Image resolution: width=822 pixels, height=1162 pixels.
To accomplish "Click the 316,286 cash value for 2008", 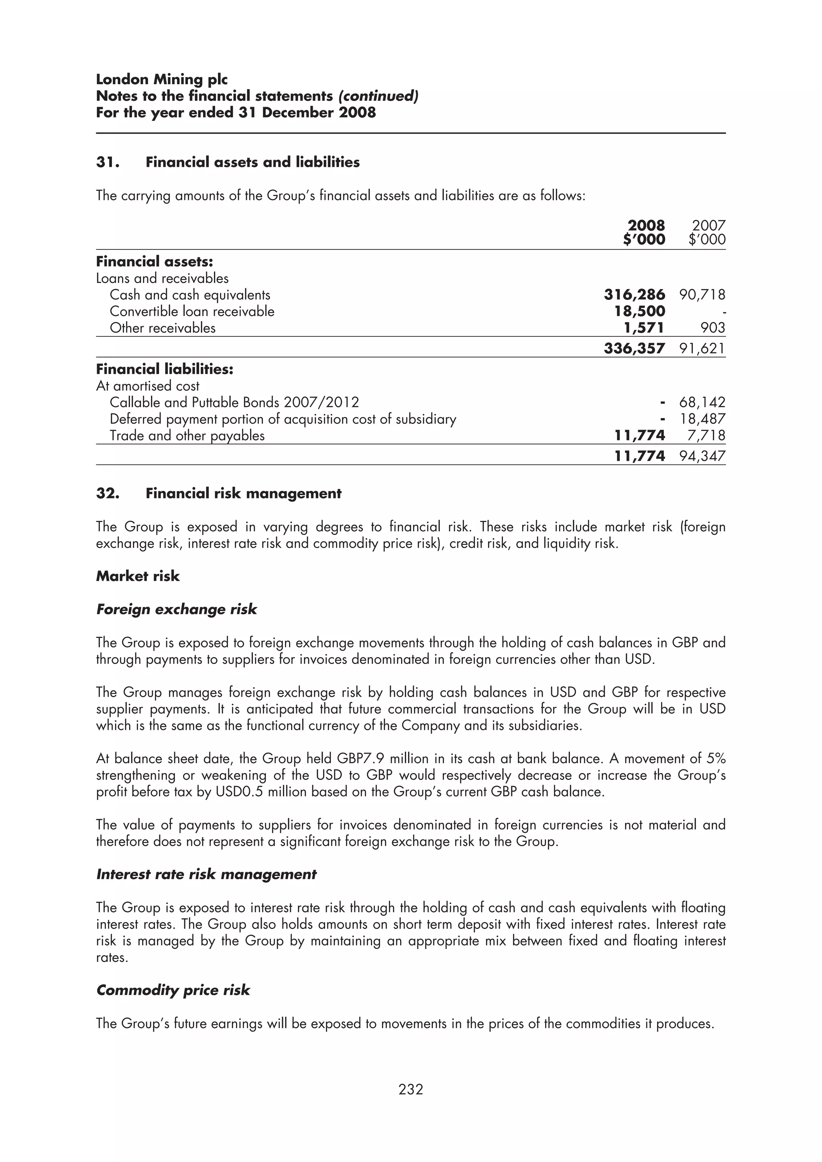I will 634,295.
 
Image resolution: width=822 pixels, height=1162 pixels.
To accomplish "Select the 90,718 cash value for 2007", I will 702,295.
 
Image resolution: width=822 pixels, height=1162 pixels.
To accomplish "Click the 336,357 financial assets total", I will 634,348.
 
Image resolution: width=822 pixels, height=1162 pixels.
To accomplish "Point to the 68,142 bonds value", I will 702,402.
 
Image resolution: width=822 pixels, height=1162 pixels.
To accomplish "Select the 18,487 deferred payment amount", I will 702,419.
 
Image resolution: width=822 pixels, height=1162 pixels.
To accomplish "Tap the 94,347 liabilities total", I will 702,456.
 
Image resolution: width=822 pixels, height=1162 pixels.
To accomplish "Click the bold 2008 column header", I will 646,225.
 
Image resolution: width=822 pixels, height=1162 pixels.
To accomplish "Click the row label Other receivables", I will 163,328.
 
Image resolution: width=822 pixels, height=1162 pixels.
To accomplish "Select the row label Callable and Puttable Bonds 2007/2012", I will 234,402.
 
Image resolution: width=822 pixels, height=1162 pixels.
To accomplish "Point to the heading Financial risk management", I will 243,494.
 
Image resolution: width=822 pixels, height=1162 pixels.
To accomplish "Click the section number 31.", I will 108,162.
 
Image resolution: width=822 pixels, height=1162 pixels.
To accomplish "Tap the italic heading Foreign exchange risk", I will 176,609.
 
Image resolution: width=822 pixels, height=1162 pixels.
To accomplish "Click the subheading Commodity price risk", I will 173,990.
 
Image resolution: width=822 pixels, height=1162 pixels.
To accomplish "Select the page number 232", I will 411,1089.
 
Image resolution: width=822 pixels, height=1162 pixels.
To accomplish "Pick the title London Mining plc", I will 162,79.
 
